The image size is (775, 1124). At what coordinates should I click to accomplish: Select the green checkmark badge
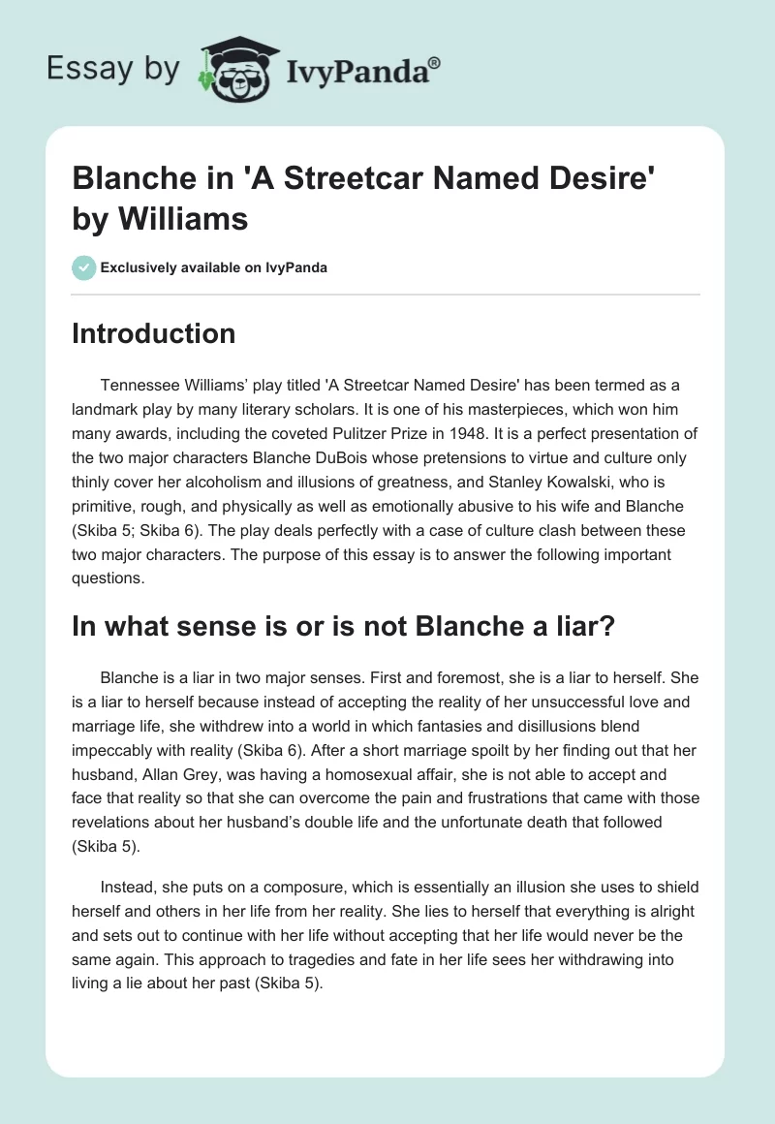click(83, 268)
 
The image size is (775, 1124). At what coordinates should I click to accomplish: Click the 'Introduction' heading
click(154, 333)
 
